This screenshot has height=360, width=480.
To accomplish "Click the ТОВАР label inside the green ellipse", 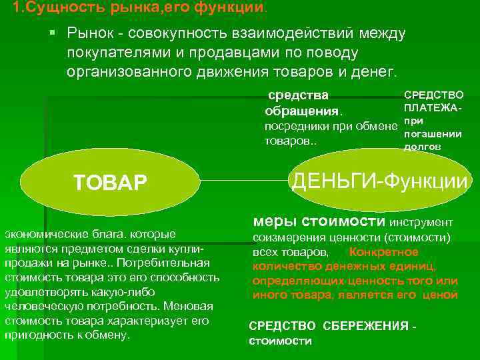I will click(110, 182).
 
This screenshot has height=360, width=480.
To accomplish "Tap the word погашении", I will click(433, 134).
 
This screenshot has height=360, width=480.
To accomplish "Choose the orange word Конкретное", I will click(383, 253).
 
